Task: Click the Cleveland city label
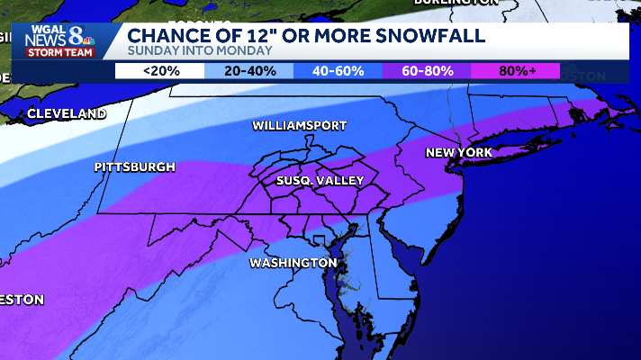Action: (x=67, y=114)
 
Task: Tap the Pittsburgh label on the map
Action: (x=135, y=167)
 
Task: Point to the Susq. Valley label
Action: (x=320, y=181)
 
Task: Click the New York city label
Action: (x=459, y=153)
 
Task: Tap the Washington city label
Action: (x=286, y=263)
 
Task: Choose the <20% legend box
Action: (x=160, y=71)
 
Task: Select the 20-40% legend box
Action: (x=249, y=71)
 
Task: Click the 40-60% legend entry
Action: (x=338, y=71)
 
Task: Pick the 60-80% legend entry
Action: (x=427, y=71)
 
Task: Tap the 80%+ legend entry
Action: (x=515, y=71)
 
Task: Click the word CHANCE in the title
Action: (x=167, y=35)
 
